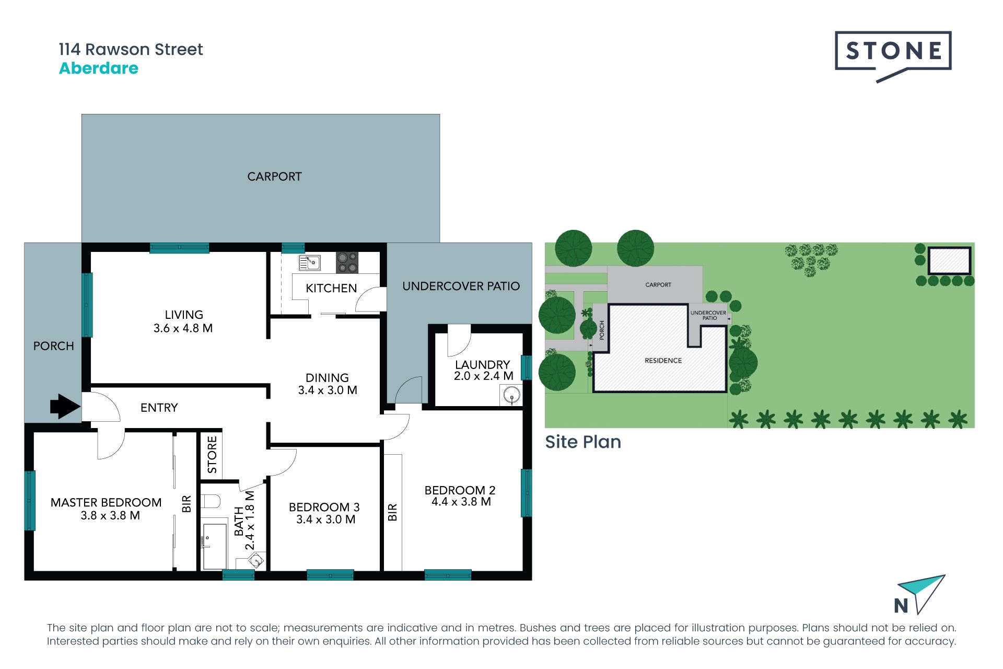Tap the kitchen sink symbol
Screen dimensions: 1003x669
pos(309,262)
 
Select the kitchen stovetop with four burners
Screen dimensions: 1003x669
pos(347,263)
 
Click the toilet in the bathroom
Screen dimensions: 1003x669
pos(211,501)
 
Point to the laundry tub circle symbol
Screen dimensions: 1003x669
pos(511,395)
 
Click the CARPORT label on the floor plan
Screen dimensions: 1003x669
pos(274,177)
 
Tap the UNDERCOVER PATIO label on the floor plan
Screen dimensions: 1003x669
pos(461,286)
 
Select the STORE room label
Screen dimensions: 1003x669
pos(212,455)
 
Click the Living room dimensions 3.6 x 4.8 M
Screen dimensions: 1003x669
pos(183,328)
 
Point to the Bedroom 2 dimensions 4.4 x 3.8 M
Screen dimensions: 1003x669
pos(461,502)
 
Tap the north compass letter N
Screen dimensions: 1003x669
pos(901,606)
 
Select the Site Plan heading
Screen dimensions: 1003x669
pos(583,442)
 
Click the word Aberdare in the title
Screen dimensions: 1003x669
pos(99,68)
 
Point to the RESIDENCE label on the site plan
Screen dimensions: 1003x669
pos(663,361)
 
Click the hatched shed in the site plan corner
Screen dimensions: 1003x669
pos(949,260)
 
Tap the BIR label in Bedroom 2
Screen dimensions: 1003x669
pos(393,512)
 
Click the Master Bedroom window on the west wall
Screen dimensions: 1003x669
pos(30,501)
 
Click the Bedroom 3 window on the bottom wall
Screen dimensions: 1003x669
pos(330,575)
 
